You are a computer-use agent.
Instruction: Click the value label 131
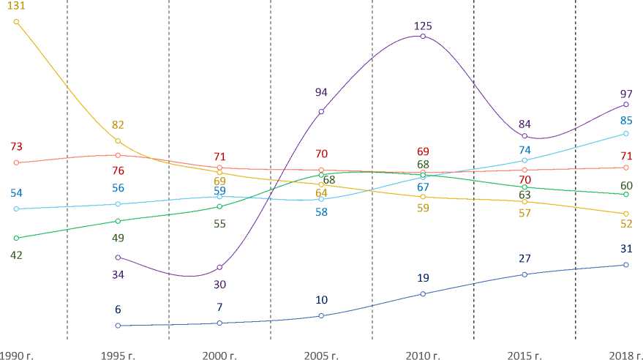pos(16,7)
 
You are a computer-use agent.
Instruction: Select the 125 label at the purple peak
pos(423,26)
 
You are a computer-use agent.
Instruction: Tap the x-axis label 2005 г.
pos(321,355)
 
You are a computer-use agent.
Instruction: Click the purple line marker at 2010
pos(423,37)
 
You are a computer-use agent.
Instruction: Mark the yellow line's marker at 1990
pos(16,21)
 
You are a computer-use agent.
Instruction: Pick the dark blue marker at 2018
pos(626,265)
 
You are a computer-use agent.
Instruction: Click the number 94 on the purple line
pos(321,92)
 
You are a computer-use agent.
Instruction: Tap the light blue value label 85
pos(626,121)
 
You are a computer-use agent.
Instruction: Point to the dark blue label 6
pos(118,310)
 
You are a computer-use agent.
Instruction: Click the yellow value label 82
pos(118,126)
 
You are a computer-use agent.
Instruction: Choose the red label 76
pos(118,171)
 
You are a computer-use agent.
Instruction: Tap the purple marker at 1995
pos(118,257)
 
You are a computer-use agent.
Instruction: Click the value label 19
pos(423,278)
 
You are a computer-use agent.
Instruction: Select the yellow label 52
pos(626,224)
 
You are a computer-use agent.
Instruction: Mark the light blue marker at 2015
pos(524,160)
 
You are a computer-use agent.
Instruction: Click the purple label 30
pos(219,284)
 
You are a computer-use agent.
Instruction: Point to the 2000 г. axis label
pos(219,355)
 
